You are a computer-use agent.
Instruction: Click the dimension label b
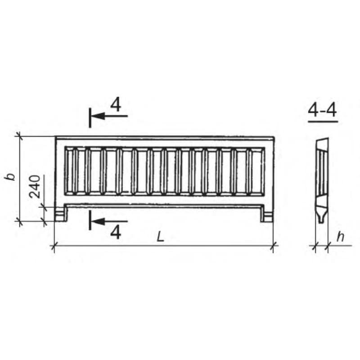11,177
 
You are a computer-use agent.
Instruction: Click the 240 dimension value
35,186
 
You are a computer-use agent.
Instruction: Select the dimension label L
161,237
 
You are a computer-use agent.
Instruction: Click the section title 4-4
322,110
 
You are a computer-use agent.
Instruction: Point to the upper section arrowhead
98,116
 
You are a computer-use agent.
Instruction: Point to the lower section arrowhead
98,221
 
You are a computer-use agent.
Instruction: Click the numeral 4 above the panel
116,105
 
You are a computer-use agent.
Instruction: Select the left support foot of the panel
61,213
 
